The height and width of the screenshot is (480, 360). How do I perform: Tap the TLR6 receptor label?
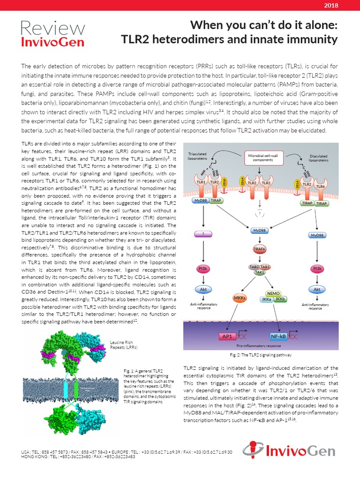320,186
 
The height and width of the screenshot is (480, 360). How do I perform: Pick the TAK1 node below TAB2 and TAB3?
259,272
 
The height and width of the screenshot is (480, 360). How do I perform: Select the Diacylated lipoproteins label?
319,158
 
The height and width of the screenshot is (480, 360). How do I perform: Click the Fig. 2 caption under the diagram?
260,355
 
